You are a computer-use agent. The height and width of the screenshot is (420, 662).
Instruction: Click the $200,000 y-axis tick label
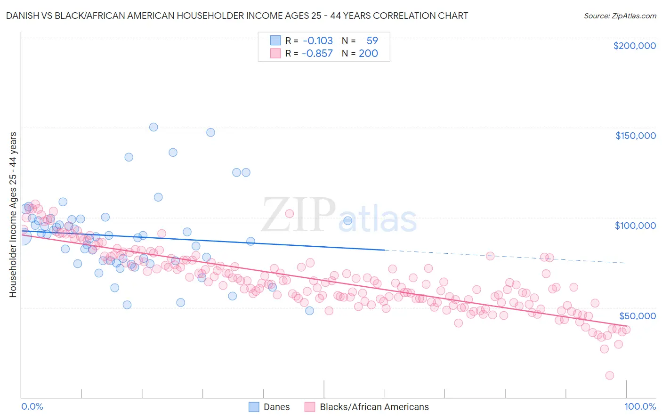coord(634,46)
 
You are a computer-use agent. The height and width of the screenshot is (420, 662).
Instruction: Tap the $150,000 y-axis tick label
coord(635,136)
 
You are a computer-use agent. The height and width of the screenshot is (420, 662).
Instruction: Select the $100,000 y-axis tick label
coord(635,226)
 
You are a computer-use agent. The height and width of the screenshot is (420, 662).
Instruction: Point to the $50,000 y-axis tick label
coord(637,315)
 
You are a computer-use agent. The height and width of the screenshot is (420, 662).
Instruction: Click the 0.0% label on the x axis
coord(32,406)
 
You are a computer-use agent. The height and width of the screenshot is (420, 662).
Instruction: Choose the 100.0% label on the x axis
coord(640,406)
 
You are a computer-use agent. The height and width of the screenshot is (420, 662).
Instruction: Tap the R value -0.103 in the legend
coord(317,41)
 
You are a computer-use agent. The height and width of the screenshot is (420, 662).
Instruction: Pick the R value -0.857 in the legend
coord(317,54)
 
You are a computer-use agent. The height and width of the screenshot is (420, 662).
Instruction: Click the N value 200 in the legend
coord(368,54)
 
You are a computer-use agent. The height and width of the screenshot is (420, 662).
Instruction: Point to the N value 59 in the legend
coord(372,41)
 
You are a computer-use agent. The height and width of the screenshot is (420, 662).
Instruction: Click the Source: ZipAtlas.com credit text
coord(620,16)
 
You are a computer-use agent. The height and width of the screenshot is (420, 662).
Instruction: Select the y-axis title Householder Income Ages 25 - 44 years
coord(13,214)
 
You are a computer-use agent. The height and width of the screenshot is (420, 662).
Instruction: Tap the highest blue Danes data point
coord(153,127)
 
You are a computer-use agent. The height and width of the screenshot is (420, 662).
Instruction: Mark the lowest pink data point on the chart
coord(609,375)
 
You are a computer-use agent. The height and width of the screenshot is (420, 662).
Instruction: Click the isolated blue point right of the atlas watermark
coord(348,220)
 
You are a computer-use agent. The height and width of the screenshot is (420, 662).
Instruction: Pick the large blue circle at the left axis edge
coord(22,236)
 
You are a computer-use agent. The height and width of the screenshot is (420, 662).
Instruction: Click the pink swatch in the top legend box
coord(275,54)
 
